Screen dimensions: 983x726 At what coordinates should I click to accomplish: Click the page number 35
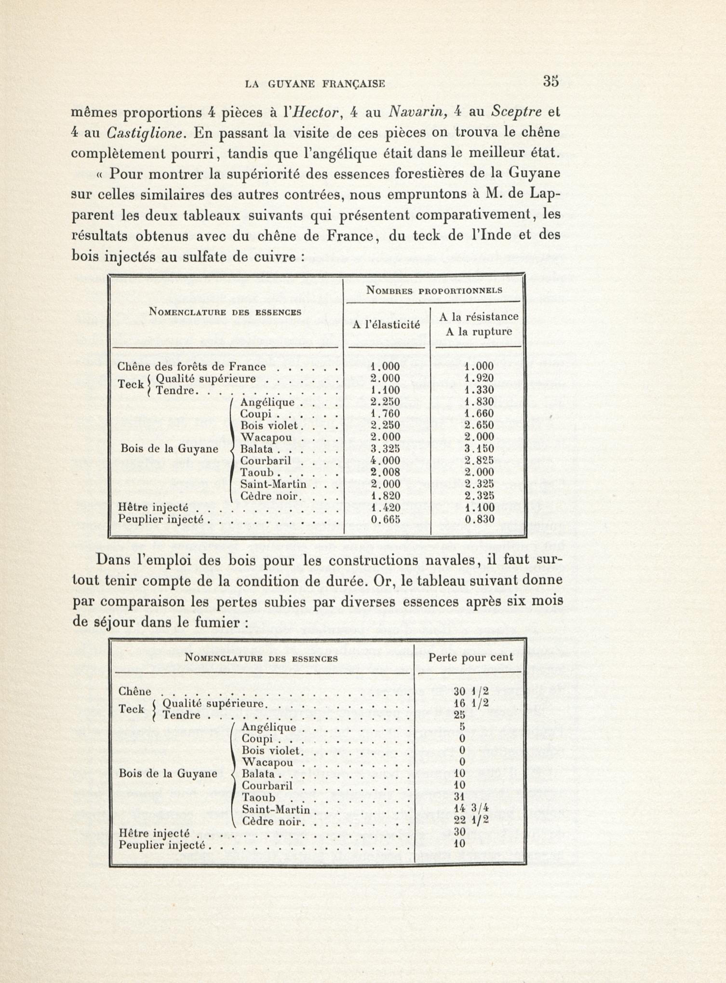tap(550, 82)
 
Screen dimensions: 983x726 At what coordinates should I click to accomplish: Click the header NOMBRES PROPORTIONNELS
tap(434, 291)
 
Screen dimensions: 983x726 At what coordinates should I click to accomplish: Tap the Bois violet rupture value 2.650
tap(479, 426)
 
